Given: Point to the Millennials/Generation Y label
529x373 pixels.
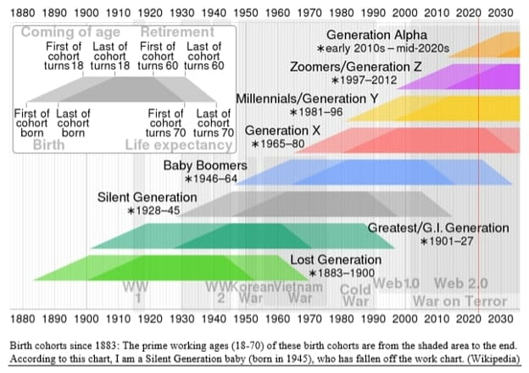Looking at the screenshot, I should point(307,98).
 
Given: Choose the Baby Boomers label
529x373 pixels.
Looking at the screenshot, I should point(205,165).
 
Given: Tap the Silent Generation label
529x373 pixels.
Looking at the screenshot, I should point(148,198).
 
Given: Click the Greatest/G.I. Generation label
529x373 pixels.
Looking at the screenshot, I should point(438,228).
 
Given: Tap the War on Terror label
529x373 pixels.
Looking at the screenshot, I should point(459,301).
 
